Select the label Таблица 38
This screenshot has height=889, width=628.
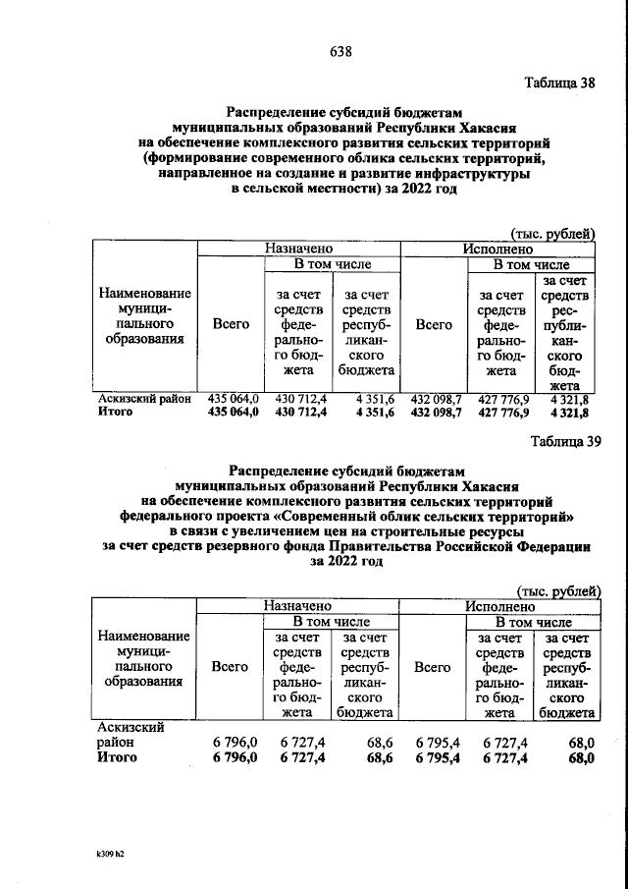tap(557, 83)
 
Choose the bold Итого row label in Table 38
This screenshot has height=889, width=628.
tap(116, 413)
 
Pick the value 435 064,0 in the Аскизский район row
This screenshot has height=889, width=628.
tap(233, 400)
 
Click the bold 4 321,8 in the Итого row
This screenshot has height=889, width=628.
tap(570, 413)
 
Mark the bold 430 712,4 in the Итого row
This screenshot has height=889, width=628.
tap(301, 413)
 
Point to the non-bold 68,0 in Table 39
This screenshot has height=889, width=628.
tap(580, 744)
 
